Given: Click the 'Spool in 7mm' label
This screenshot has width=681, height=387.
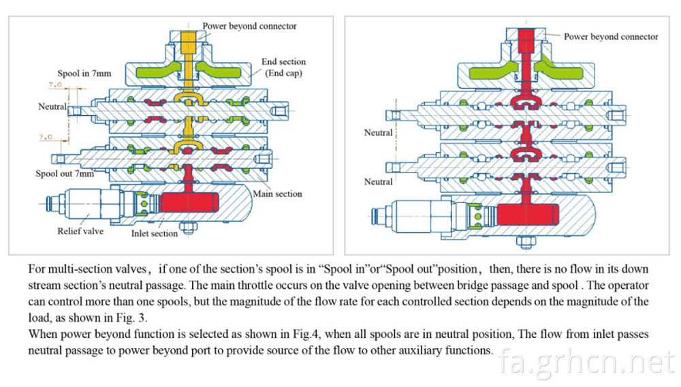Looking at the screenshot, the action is click(84, 74).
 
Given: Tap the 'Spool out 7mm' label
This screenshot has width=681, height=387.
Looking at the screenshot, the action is click(65, 174).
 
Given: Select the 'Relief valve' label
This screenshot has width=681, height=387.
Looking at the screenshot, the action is click(80, 231).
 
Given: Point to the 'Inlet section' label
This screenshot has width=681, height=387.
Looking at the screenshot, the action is click(154, 233).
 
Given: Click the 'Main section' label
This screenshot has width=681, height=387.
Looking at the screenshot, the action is click(278, 193).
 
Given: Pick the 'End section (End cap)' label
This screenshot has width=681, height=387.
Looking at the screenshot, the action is click(283, 67).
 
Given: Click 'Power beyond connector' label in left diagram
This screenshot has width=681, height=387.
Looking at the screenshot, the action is click(249, 26).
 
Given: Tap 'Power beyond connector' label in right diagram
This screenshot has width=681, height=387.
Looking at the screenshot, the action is click(611, 37).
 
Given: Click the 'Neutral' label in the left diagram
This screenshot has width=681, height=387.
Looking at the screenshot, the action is click(52, 106).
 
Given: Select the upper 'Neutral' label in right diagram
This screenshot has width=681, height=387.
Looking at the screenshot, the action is click(378, 132).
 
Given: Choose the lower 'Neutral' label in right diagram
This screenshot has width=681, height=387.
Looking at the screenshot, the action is click(378, 181).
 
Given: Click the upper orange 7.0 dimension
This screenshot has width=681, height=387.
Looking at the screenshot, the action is click(55, 84).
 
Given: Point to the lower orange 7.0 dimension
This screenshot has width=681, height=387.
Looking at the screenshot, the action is click(46, 137).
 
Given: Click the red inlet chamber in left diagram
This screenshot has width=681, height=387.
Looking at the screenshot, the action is click(189, 202).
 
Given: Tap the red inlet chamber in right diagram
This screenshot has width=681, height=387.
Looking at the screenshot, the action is click(528, 215).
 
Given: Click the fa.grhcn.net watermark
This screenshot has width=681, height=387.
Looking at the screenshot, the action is click(587, 362).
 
